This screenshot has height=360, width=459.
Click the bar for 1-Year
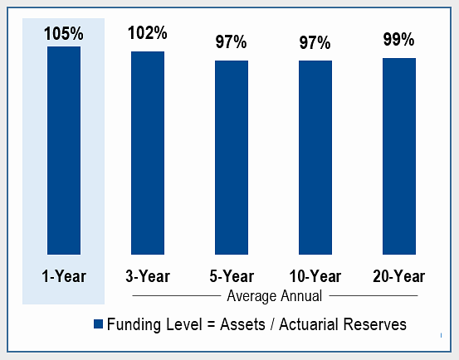(x=64, y=150)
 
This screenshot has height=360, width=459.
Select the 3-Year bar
(x=148, y=153)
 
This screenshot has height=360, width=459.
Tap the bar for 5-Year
(x=232, y=158)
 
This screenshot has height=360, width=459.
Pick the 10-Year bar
(x=315, y=158)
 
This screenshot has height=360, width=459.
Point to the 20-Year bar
(x=399, y=156)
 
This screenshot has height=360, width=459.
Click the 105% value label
(x=64, y=33)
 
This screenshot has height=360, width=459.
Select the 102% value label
(x=148, y=32)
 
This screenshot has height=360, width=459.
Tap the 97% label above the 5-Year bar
(x=232, y=41)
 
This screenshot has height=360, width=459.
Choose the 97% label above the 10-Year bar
(x=315, y=42)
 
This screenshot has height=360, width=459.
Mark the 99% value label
(x=398, y=39)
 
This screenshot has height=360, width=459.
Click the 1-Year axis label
(x=64, y=276)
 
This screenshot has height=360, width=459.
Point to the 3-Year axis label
(x=148, y=276)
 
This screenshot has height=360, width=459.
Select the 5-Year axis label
(x=232, y=276)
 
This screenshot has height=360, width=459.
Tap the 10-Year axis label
(x=315, y=276)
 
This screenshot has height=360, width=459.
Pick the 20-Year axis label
(x=399, y=276)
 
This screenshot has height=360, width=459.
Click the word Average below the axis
(x=251, y=296)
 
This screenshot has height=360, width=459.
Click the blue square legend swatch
(x=98, y=324)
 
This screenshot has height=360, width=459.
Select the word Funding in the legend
(x=134, y=325)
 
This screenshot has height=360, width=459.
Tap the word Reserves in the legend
(x=375, y=324)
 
